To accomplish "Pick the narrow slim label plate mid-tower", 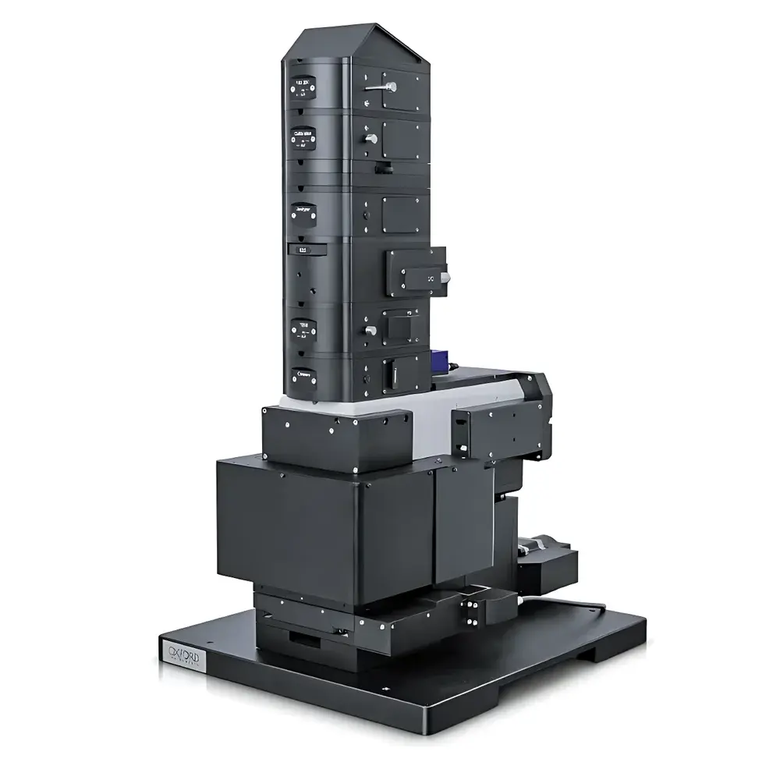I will tap(300, 250).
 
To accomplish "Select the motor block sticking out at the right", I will tap(550, 558).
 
